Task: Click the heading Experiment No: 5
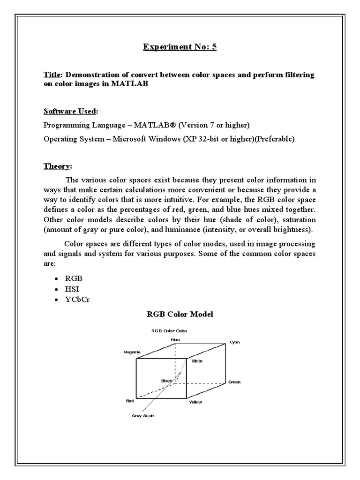(180, 47)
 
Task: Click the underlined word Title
(52, 75)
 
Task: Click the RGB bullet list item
(74, 278)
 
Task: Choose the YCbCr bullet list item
(77, 299)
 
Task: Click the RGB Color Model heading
(180, 314)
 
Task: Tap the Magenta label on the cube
(132, 352)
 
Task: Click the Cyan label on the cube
(234, 342)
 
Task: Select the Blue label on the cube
(175, 339)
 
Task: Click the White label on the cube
(197, 361)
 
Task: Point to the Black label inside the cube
(167, 381)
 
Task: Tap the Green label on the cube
(234, 382)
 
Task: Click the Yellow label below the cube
(195, 402)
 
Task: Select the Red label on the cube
(130, 401)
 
